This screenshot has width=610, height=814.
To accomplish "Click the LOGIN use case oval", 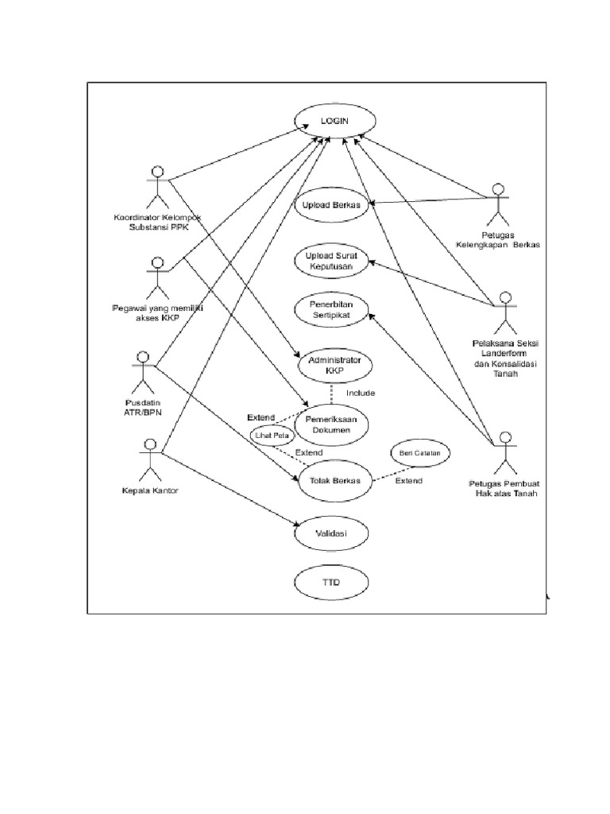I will click(334, 120).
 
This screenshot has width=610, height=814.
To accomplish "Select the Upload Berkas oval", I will click(332, 205).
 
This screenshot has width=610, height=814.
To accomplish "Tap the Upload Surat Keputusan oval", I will click(332, 262).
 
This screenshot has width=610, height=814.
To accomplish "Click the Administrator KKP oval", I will click(334, 366).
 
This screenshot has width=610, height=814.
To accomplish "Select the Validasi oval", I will click(334, 534).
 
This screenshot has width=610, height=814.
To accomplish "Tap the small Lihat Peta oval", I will click(270, 435).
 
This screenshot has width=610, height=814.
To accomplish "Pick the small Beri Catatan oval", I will click(415, 452).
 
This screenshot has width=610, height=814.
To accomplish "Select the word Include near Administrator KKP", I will click(361, 393).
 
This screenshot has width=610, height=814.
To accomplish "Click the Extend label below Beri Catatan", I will click(410, 482).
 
